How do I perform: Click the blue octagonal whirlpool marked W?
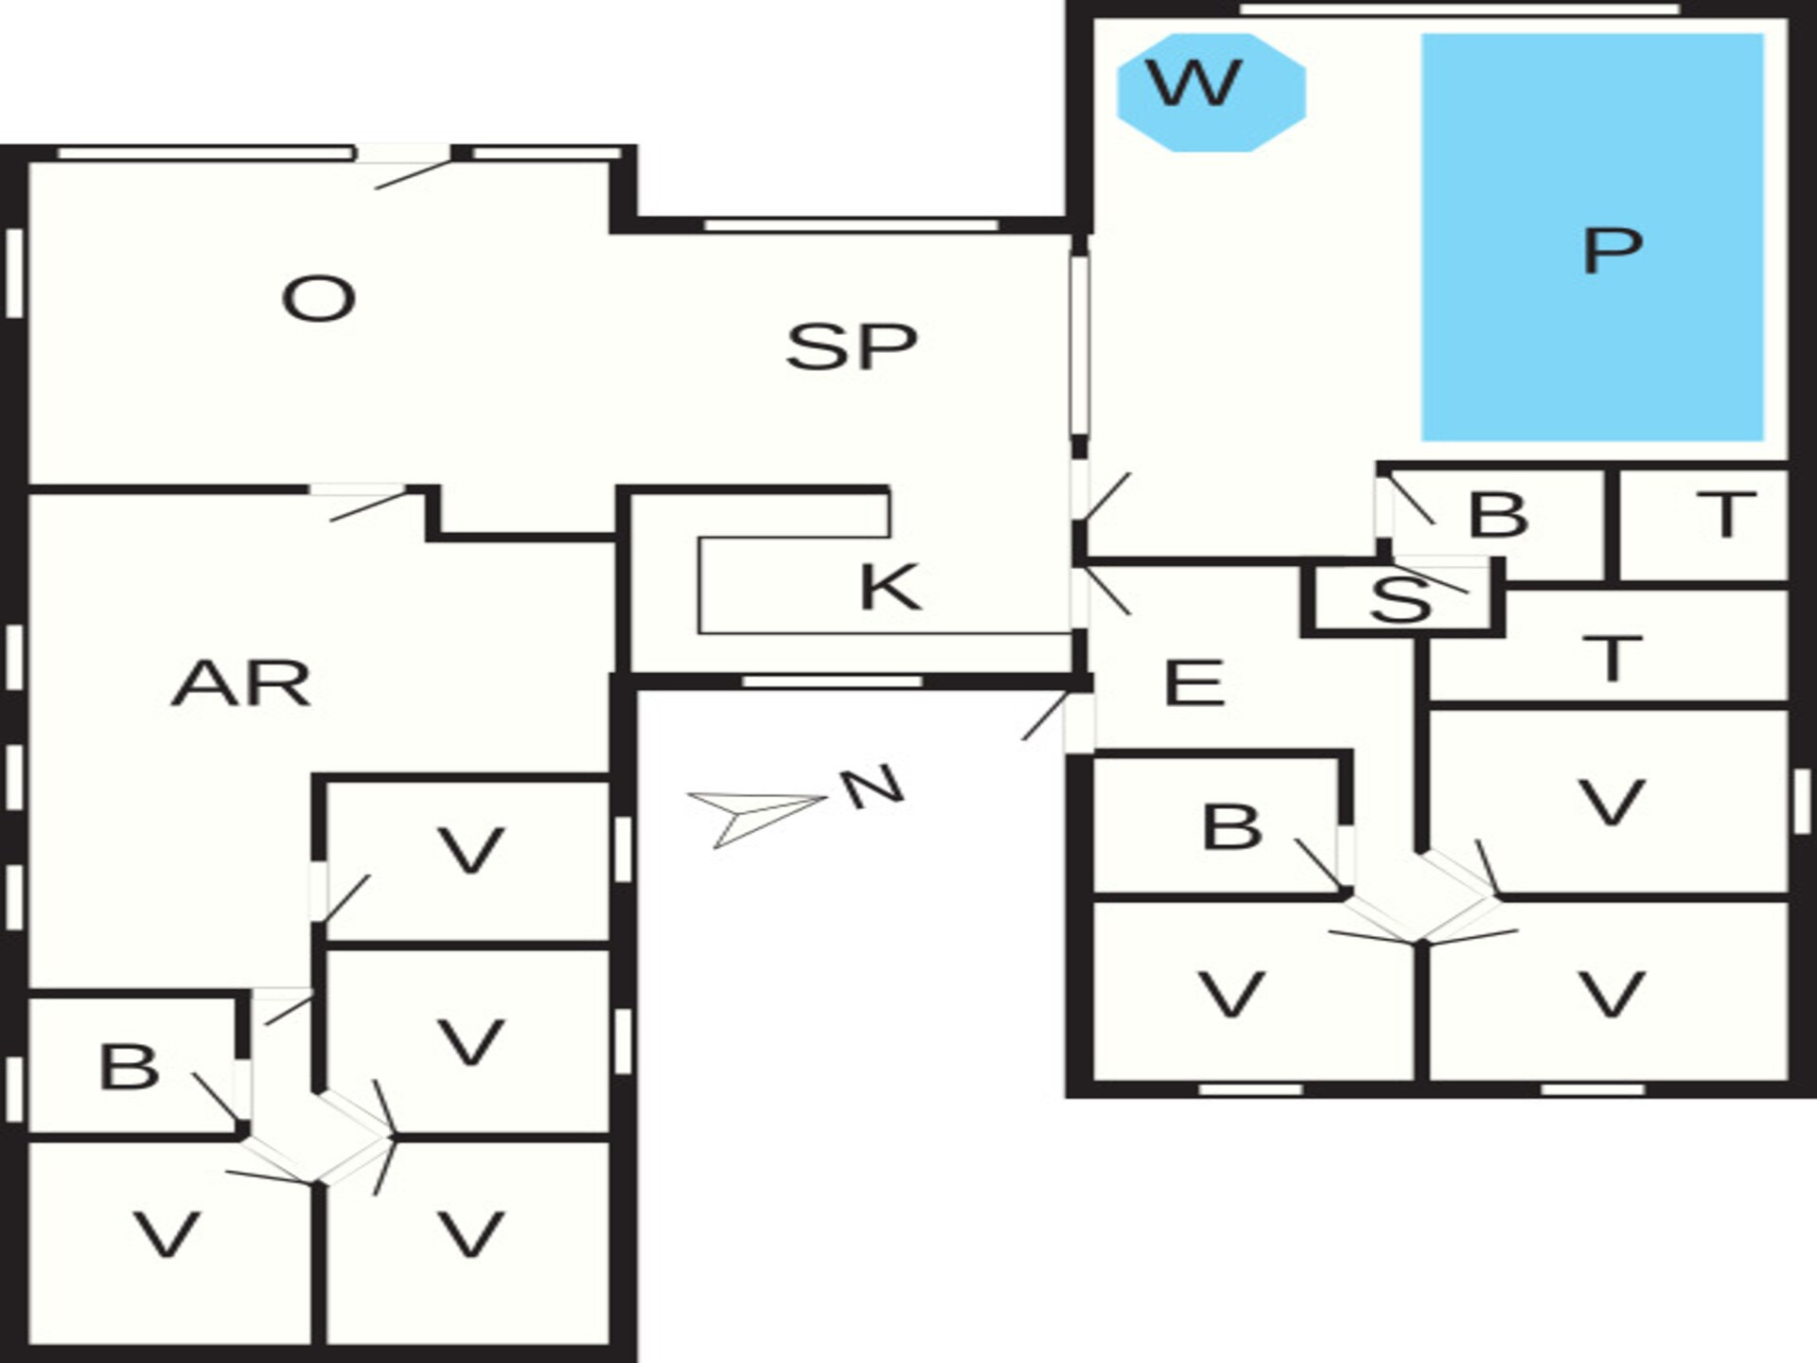(x=1211, y=92)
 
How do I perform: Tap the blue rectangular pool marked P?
(x=1593, y=238)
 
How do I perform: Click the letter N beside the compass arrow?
(x=873, y=788)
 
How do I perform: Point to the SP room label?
(x=852, y=345)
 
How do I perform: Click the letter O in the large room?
(x=318, y=299)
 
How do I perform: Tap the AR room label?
(x=241, y=683)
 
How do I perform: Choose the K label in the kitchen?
(x=890, y=587)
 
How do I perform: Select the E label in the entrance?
(x=1194, y=682)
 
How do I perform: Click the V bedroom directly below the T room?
(x=1608, y=802)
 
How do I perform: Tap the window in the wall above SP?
(x=851, y=224)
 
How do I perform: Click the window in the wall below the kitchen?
(x=832, y=681)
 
